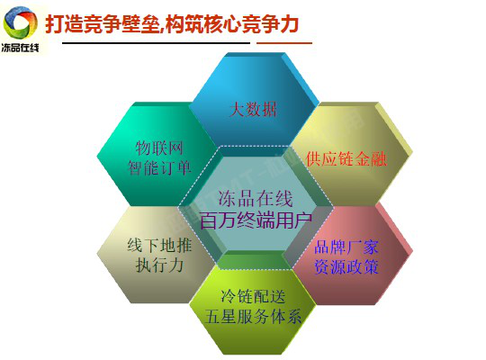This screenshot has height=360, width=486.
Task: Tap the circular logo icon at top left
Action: point(22,21)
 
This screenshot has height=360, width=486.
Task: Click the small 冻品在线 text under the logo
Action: point(22,48)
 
